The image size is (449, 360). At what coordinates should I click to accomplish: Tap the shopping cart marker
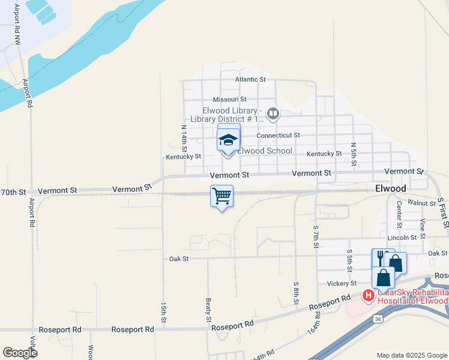coord(221,196)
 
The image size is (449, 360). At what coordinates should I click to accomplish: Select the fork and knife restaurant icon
coord(380,257)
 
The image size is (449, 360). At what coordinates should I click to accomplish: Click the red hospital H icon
coord(368,295)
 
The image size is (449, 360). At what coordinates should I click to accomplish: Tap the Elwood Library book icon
coord(273,113)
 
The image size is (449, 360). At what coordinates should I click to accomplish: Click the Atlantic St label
coord(250,79)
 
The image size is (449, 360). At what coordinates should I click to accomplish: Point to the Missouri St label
coord(229,100)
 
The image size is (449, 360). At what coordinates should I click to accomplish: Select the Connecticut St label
coord(278,136)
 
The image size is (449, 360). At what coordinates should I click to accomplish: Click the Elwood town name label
coord(390,188)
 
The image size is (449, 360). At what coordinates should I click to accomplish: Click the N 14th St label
coord(185,138)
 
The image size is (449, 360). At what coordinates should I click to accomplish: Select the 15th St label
coord(163,312)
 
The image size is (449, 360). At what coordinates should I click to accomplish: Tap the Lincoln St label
coord(402,238)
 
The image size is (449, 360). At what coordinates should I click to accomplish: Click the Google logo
coord(20,353)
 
